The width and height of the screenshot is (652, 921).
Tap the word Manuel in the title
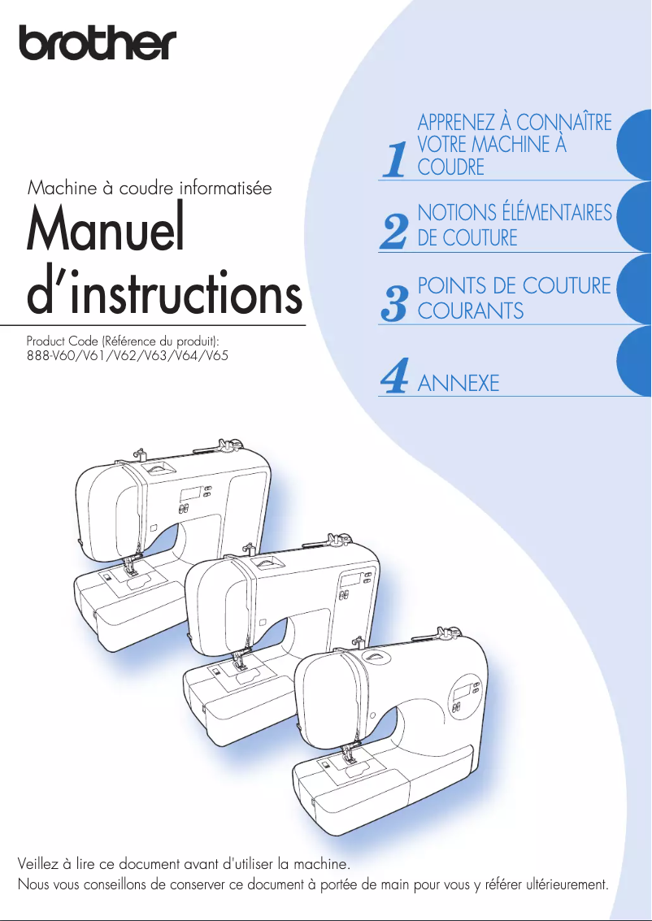click(104, 230)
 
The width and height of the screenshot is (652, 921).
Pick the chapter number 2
click(394, 232)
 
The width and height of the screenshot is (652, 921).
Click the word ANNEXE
click(458, 384)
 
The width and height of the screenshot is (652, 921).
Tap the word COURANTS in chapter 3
click(470, 311)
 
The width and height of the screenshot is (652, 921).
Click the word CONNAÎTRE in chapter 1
click(564, 123)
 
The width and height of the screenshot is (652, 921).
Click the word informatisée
click(226, 189)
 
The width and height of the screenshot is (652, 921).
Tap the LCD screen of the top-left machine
click(191, 494)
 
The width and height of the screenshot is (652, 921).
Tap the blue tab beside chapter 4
click(635, 365)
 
